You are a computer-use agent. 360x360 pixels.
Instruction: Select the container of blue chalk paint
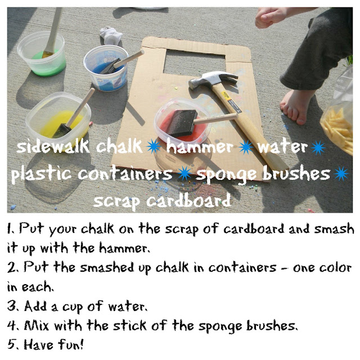point(106,68)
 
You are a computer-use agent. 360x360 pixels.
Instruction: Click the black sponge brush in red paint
point(182,123)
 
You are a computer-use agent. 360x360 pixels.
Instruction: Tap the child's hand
point(269,17)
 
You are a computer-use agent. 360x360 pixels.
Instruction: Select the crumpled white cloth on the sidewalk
point(111,36)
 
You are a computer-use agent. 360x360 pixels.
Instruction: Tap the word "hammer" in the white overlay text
point(200,146)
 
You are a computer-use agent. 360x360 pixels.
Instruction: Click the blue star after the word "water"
point(318,147)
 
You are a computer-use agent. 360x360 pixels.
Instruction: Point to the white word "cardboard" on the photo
point(188,201)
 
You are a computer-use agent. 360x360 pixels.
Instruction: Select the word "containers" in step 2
point(242,267)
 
